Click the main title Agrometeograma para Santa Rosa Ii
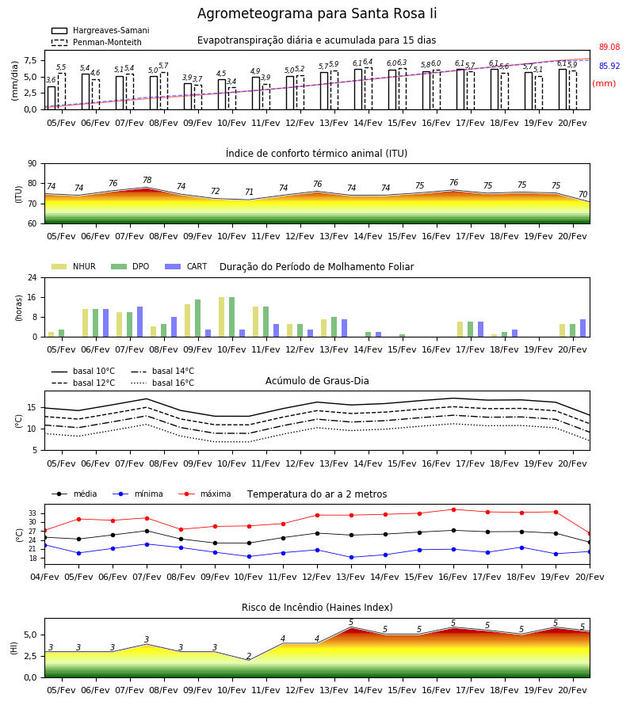click(x=317, y=13)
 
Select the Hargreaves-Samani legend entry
click(x=100, y=30)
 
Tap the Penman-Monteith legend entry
click(x=97, y=42)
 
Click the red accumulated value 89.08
click(x=609, y=47)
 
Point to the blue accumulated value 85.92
click(x=609, y=66)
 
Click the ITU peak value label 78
click(x=147, y=180)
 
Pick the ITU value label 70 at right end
click(x=582, y=194)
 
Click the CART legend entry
click(x=186, y=266)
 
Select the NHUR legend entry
click(x=74, y=266)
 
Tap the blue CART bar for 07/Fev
click(x=139, y=322)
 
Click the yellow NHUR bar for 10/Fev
click(x=221, y=317)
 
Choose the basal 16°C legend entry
click(x=162, y=383)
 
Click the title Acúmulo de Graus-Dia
click(x=317, y=381)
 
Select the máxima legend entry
click(x=204, y=494)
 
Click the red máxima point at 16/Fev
click(x=453, y=509)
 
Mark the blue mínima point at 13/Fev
click(x=351, y=557)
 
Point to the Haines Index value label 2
click(x=249, y=656)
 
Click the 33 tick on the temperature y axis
click(x=32, y=513)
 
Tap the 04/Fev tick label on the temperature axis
click(x=44, y=577)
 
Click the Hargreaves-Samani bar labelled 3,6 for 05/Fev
click(x=52, y=97)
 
